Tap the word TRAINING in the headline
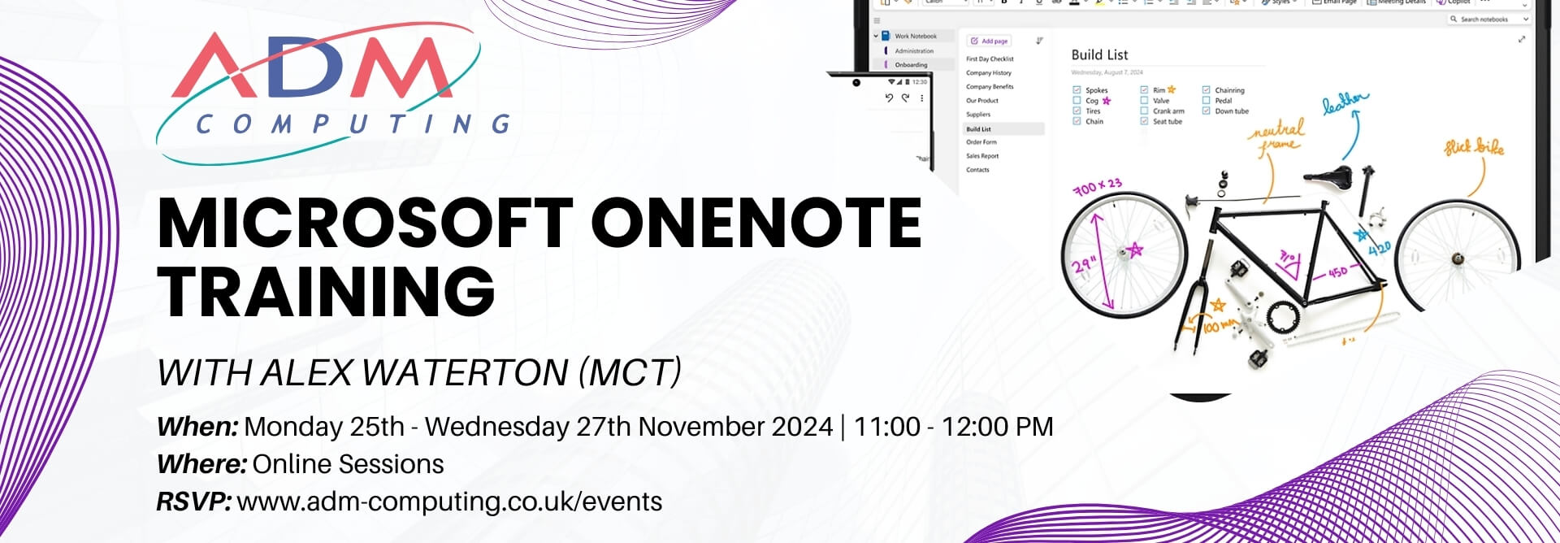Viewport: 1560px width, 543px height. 326,291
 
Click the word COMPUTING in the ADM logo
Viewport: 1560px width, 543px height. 353,124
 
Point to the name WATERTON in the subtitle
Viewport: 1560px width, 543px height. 464,373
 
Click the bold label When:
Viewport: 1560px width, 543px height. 197,427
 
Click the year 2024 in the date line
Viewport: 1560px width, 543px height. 792,427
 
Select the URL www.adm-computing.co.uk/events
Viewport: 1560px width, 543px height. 449,502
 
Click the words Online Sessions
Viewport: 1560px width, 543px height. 348,464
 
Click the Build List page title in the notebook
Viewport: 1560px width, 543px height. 1098,54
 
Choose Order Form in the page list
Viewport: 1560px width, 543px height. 981,142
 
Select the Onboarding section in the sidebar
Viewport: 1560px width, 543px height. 910,65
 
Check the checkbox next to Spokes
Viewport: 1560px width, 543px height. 1077,90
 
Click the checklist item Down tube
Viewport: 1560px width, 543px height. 1231,111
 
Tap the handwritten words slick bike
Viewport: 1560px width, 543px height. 1473,147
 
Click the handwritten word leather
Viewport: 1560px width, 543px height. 1344,102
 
